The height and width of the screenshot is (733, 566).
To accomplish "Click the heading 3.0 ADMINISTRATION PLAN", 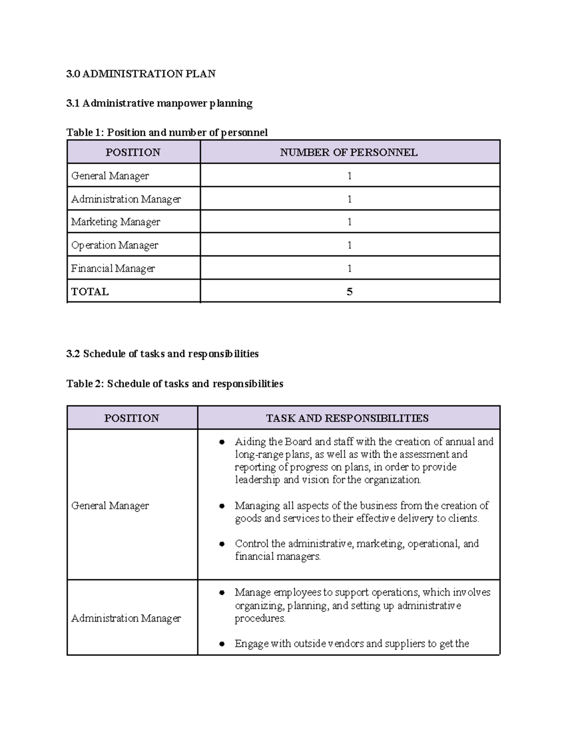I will [x=141, y=74].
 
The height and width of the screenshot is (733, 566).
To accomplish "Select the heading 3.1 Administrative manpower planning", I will [x=159, y=103].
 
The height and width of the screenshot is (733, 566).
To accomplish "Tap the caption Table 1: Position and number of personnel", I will [x=167, y=132].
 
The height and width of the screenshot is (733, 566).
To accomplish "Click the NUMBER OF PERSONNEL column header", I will [x=349, y=152].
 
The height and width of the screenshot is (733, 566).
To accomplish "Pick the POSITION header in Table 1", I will [x=133, y=152].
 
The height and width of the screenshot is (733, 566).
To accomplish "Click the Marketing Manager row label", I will [x=116, y=222].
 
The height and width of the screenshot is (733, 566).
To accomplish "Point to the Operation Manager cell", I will [x=115, y=245].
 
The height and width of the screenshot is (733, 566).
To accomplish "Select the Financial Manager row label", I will [x=113, y=268].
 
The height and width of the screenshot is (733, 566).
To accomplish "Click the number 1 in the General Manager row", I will [x=350, y=176].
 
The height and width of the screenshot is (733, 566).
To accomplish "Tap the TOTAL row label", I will [x=90, y=292].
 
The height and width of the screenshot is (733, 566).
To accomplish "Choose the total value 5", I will [x=350, y=292].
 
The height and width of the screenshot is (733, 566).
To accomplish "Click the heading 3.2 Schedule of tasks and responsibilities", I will [x=162, y=354].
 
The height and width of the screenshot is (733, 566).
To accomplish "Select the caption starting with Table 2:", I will [x=175, y=383].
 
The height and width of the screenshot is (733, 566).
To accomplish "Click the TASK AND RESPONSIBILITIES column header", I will [x=347, y=418].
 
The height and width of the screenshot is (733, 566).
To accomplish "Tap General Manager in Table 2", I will [x=110, y=506].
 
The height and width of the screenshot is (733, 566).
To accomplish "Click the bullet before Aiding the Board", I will [x=222, y=442].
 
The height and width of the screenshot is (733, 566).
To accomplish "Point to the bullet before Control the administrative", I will [x=222, y=544].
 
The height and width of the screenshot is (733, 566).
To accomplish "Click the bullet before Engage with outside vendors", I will [x=222, y=644].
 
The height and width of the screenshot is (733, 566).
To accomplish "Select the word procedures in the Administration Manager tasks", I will [x=260, y=618].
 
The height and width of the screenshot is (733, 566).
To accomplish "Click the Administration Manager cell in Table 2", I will [x=126, y=618].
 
